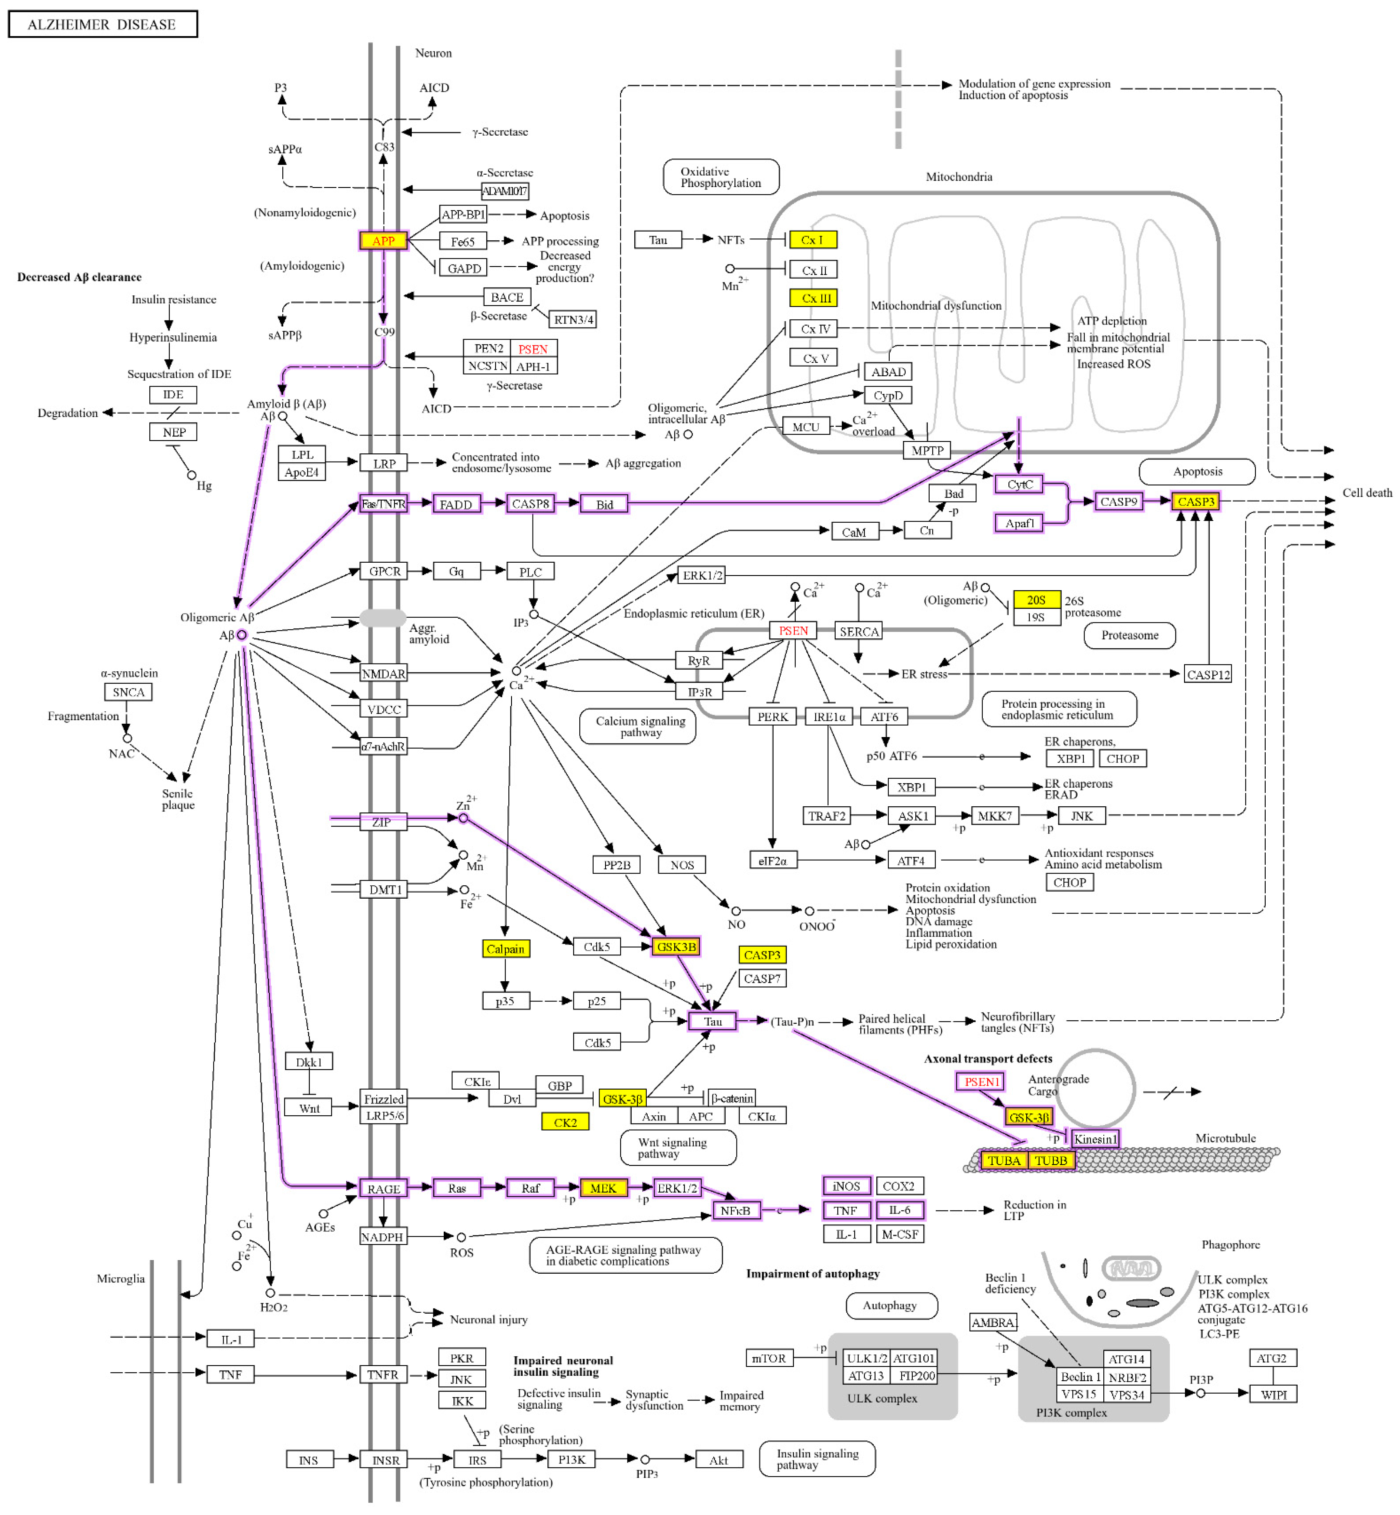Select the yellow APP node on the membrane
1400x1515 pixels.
point(383,241)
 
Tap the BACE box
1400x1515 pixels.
point(507,297)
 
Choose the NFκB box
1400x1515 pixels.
point(735,1211)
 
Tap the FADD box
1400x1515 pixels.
point(456,504)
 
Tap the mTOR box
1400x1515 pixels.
point(769,1358)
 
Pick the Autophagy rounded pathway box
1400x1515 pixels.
point(891,1305)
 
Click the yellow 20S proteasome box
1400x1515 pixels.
point(1036,600)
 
